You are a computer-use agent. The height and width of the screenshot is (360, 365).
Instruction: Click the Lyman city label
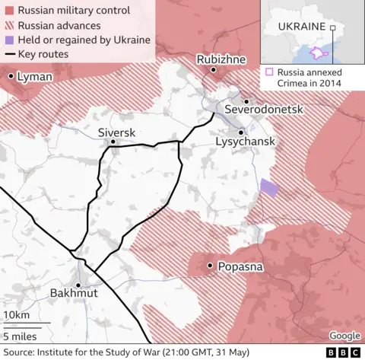(36, 78)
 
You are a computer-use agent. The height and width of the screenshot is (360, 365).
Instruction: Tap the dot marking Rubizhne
(214, 70)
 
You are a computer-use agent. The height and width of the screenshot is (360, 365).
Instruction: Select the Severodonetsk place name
(264, 110)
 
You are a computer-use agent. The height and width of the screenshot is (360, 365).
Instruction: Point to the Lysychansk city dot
(241, 132)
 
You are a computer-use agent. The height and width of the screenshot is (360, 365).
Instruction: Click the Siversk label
(116, 132)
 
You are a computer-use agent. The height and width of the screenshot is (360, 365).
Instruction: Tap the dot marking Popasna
(209, 266)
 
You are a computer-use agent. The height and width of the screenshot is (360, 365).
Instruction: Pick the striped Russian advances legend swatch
(8, 26)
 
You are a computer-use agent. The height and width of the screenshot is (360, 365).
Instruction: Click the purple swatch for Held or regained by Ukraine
(8, 40)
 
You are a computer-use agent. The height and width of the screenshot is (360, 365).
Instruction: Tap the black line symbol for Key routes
(8, 55)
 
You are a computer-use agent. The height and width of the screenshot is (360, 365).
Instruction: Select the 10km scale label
(17, 315)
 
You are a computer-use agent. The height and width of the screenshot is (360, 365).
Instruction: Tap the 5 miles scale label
(19, 335)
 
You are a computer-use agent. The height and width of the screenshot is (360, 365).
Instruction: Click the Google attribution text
(344, 336)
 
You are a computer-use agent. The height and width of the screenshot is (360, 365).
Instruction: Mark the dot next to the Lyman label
(11, 77)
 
